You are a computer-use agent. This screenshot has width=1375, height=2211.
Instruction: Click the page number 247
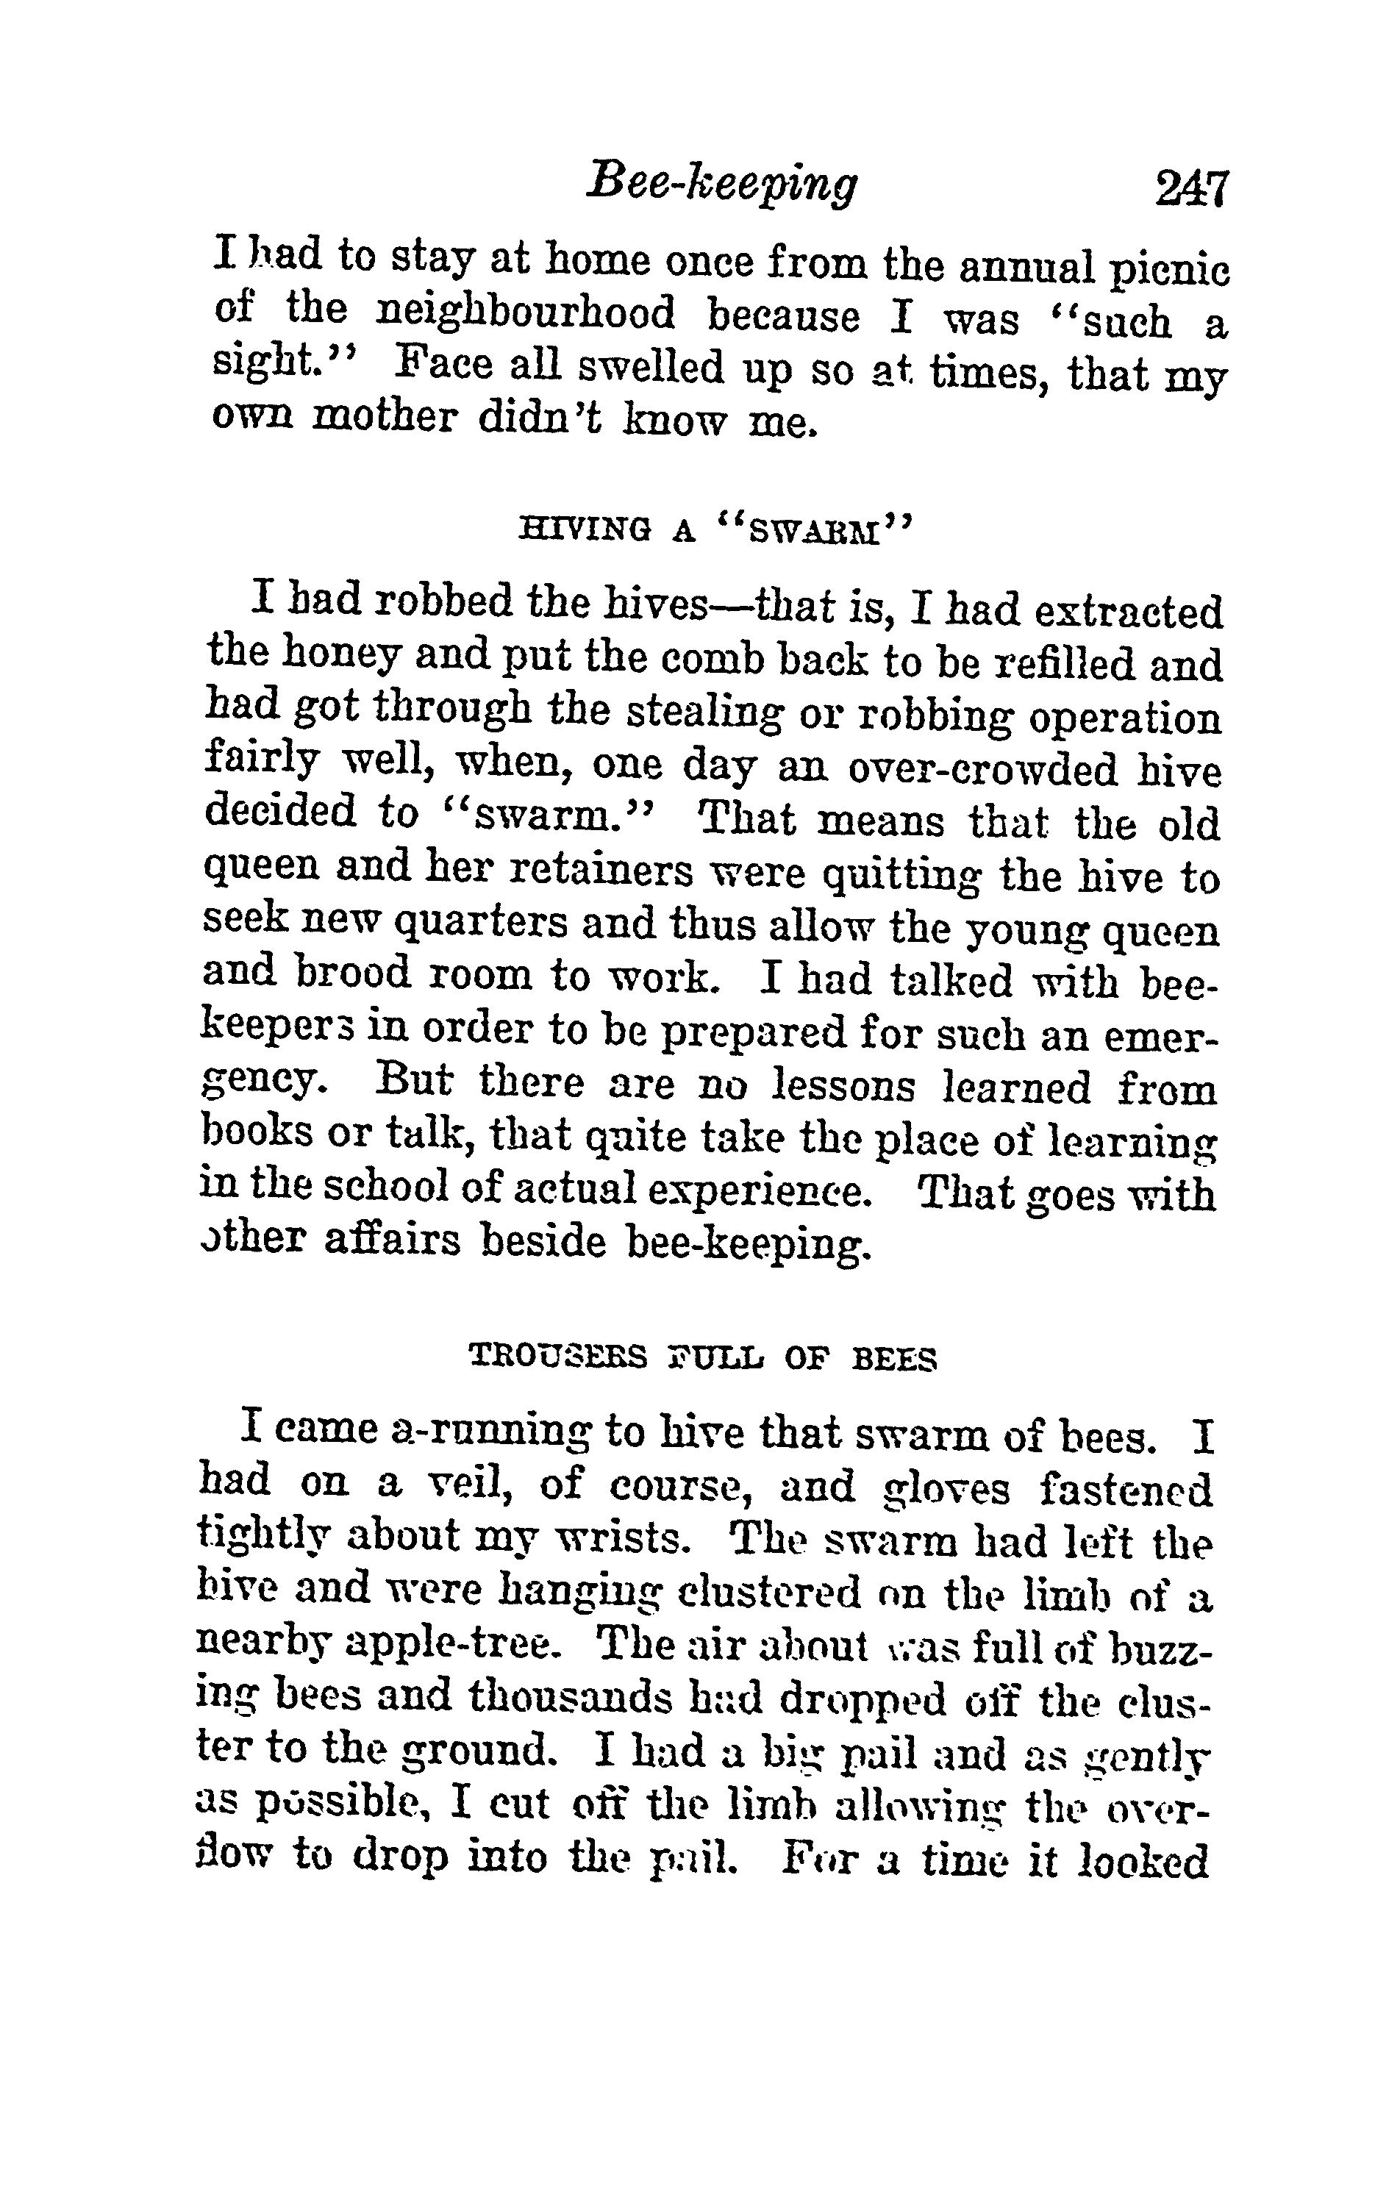1191,189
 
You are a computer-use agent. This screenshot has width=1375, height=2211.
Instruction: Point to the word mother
382,418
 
